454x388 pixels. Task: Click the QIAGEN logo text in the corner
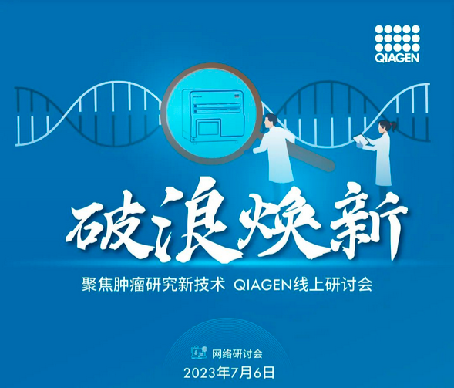pos(397,58)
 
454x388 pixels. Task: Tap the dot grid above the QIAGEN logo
pos(397,39)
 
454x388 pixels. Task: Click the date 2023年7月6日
pos(229,373)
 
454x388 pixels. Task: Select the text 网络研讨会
pos(237,353)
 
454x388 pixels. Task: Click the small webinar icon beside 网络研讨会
pos(200,353)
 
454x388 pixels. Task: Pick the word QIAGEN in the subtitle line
pos(263,285)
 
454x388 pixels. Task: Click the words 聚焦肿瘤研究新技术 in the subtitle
pos(153,285)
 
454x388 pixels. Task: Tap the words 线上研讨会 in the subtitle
pos(332,285)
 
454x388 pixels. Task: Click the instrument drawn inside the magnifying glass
pos(214,116)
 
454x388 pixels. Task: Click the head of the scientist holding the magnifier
pos(271,122)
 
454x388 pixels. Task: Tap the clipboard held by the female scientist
pos(362,139)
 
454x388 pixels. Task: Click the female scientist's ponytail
pos(393,126)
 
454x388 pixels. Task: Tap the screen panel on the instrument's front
pos(207,129)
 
